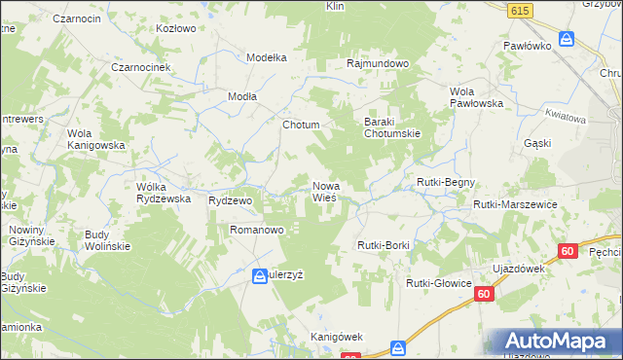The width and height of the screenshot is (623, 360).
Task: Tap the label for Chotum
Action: coord(301,126)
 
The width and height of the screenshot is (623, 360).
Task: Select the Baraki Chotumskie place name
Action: coord(391,126)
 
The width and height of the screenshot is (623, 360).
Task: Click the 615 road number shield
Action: coord(519,10)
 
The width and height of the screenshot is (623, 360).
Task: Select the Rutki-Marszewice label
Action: coord(514,204)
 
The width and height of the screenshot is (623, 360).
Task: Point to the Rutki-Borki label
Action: coord(384,245)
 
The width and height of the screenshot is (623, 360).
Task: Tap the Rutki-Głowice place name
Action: coord(439,283)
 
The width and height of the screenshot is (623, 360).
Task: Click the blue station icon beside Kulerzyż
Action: coord(260,276)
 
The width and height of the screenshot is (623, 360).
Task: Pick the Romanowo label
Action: coord(256,231)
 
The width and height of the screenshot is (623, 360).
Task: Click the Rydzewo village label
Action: coord(231,199)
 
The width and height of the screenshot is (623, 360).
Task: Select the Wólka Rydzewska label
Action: coord(163,192)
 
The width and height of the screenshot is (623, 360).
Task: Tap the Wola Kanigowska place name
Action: coord(96,139)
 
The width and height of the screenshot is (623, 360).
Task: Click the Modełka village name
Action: coord(267,57)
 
